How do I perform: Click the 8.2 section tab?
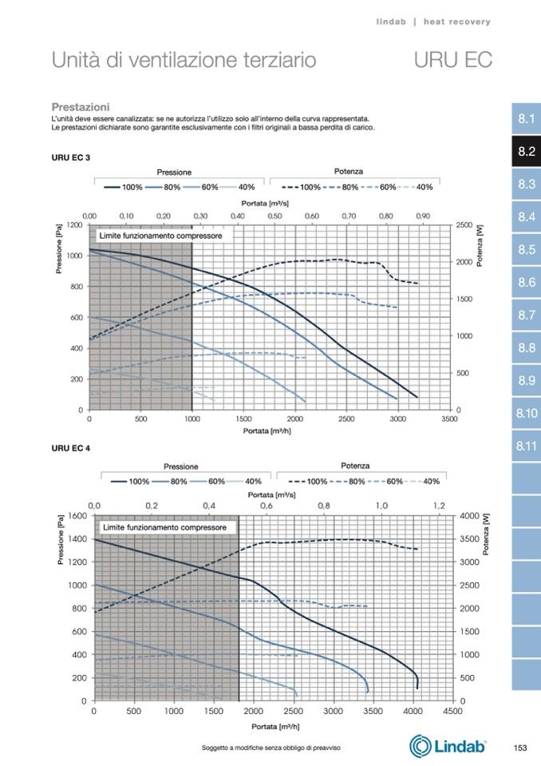525,152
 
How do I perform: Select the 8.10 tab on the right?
525,414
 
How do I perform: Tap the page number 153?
520,748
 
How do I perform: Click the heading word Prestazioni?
80,106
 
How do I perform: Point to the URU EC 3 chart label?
70,157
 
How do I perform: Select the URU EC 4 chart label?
70,449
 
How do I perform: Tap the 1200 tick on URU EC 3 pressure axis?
73,225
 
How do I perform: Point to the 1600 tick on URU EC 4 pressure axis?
77,515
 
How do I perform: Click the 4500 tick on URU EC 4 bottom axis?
452,710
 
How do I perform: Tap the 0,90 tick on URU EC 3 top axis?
422,216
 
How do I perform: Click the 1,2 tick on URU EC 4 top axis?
439,506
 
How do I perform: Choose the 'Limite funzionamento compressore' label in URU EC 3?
159,237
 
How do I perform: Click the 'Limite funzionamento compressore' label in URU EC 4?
164,528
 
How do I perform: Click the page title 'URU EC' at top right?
452,60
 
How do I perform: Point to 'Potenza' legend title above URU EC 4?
355,466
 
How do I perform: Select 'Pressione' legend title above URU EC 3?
174,173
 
